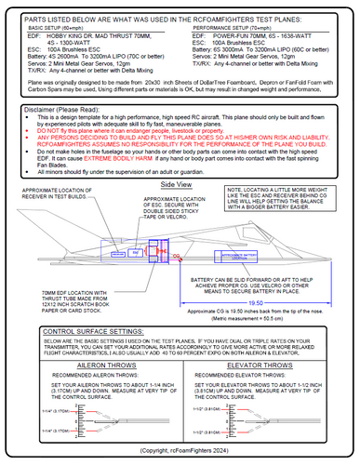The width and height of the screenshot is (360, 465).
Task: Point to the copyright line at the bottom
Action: (180, 450)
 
